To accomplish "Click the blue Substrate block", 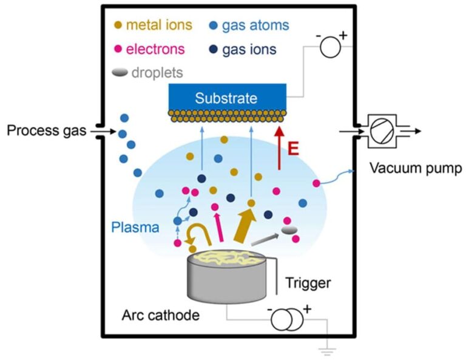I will point(226,98).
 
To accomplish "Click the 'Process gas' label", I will point(43,130).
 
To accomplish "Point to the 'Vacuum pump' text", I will point(416,168).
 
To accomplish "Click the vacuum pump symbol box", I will point(382,131).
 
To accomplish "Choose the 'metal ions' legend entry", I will point(160,25).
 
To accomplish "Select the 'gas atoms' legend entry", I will point(255,25).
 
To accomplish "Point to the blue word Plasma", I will point(135,228).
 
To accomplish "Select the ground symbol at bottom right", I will point(328,350).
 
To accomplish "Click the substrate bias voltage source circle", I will point(331,46).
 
